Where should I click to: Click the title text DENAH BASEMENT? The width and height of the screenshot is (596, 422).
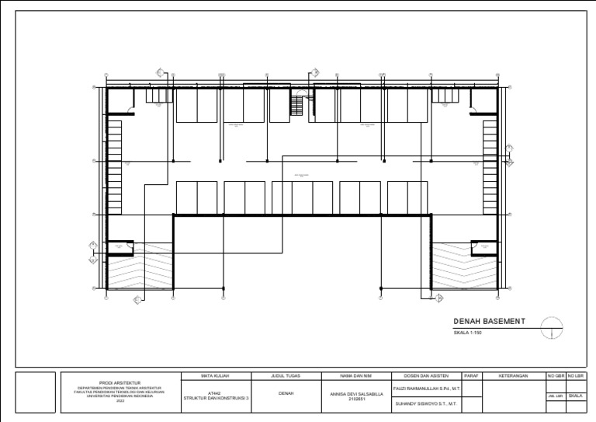coord(489,322)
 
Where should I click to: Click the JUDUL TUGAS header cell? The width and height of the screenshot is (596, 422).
coord(286,376)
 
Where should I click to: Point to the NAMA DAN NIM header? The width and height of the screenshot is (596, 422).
coord(357,376)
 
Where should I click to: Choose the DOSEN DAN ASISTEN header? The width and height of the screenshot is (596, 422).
coord(427,376)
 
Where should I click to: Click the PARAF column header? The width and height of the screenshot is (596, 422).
coord(472,376)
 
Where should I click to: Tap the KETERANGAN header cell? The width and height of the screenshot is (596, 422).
coord(514,376)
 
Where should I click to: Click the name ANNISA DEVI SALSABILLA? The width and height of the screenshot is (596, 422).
coord(357,394)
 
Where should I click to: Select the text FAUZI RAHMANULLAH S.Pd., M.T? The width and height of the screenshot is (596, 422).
coord(427,387)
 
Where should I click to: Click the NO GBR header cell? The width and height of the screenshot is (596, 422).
coord(556,376)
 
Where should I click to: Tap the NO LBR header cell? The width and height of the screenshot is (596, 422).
coord(576,376)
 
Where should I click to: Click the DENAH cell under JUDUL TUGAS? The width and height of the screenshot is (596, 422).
coord(286,394)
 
